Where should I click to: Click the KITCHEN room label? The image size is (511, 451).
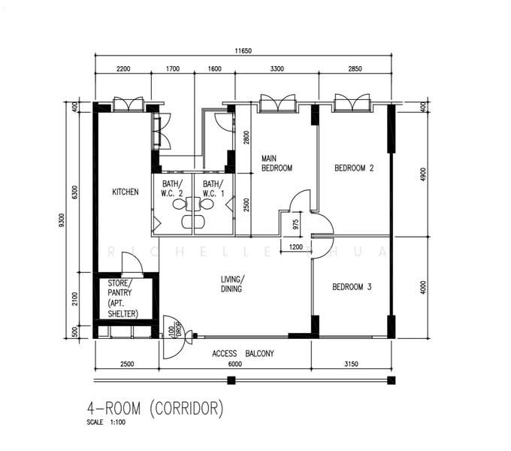point(125,192)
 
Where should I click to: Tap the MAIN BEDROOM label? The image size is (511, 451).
point(276,163)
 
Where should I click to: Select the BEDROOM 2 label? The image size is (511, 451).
point(354,168)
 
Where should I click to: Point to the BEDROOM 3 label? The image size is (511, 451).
point(352,286)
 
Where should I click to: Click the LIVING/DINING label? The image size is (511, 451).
point(232,284)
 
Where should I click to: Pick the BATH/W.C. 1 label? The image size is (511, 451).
point(213,189)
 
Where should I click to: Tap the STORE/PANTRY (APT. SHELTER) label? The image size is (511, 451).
point(123,298)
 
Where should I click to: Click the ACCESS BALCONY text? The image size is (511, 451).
point(243,353)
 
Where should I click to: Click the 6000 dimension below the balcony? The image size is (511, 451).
point(236,365)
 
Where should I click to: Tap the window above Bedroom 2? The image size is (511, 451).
point(352,102)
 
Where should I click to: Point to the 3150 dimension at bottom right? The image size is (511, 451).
point(350,365)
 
